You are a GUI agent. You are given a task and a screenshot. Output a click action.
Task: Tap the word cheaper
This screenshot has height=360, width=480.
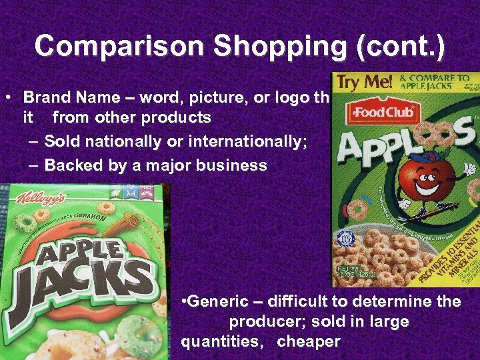click(308, 342)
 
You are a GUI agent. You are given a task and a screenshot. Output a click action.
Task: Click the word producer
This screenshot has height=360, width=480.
click(263, 321)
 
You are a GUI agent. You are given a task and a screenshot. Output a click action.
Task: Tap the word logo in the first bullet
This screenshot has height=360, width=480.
click(289, 97)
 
